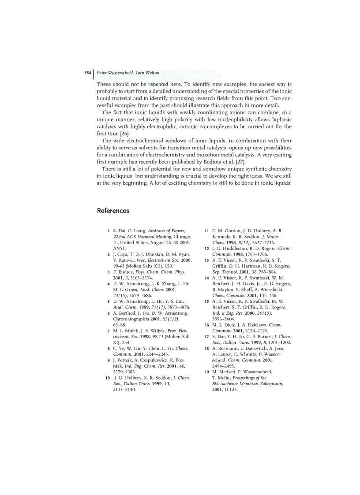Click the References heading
[x=113, y=211]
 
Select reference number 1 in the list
[x=109, y=231]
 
